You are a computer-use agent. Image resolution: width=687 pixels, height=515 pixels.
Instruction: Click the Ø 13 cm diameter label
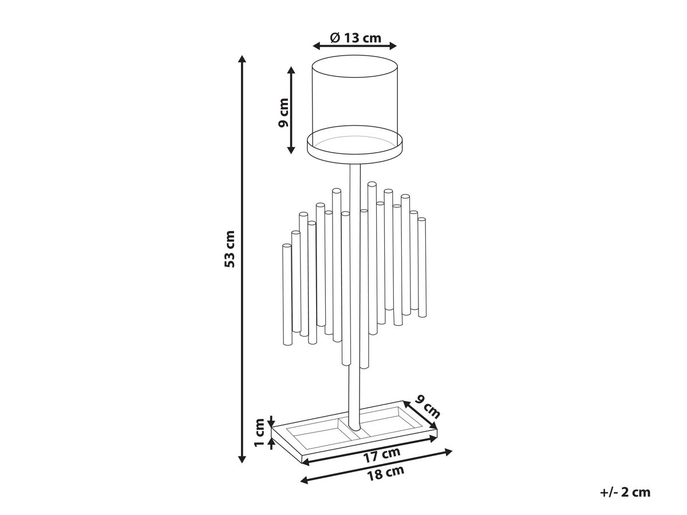[356, 38]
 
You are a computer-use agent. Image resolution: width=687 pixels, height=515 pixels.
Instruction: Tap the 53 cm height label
[230, 249]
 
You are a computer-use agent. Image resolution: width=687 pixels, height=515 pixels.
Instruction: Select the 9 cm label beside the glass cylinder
[283, 113]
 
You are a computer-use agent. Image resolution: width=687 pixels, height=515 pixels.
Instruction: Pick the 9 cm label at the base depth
[428, 407]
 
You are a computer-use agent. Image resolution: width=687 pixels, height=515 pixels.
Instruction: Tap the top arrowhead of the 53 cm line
[242, 59]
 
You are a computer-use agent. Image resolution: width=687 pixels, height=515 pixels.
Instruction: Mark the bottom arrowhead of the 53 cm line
[242, 459]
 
